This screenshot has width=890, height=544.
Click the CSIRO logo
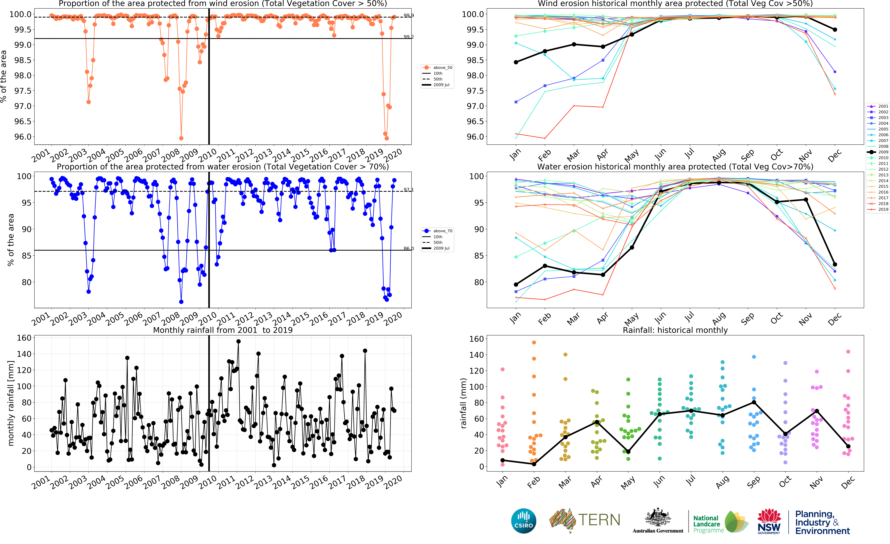523,521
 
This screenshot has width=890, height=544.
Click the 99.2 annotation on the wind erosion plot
409,37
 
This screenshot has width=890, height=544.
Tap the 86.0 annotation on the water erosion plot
409,249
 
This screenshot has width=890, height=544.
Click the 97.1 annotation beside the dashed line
409,190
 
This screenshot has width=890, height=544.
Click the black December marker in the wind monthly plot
835,30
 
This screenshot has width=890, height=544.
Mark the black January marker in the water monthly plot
516,284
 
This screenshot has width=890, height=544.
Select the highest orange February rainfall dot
534,342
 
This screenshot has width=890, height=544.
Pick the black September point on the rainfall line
754,402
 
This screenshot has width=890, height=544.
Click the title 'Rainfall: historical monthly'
675,330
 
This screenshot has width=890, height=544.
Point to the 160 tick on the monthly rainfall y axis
24,338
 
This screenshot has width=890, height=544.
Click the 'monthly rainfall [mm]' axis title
11,403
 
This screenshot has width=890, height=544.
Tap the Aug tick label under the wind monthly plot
719,155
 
